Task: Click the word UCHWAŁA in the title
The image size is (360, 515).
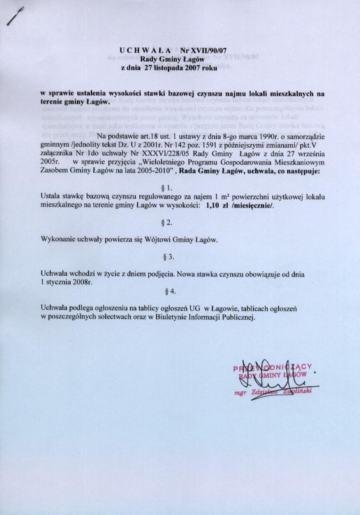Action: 145,50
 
